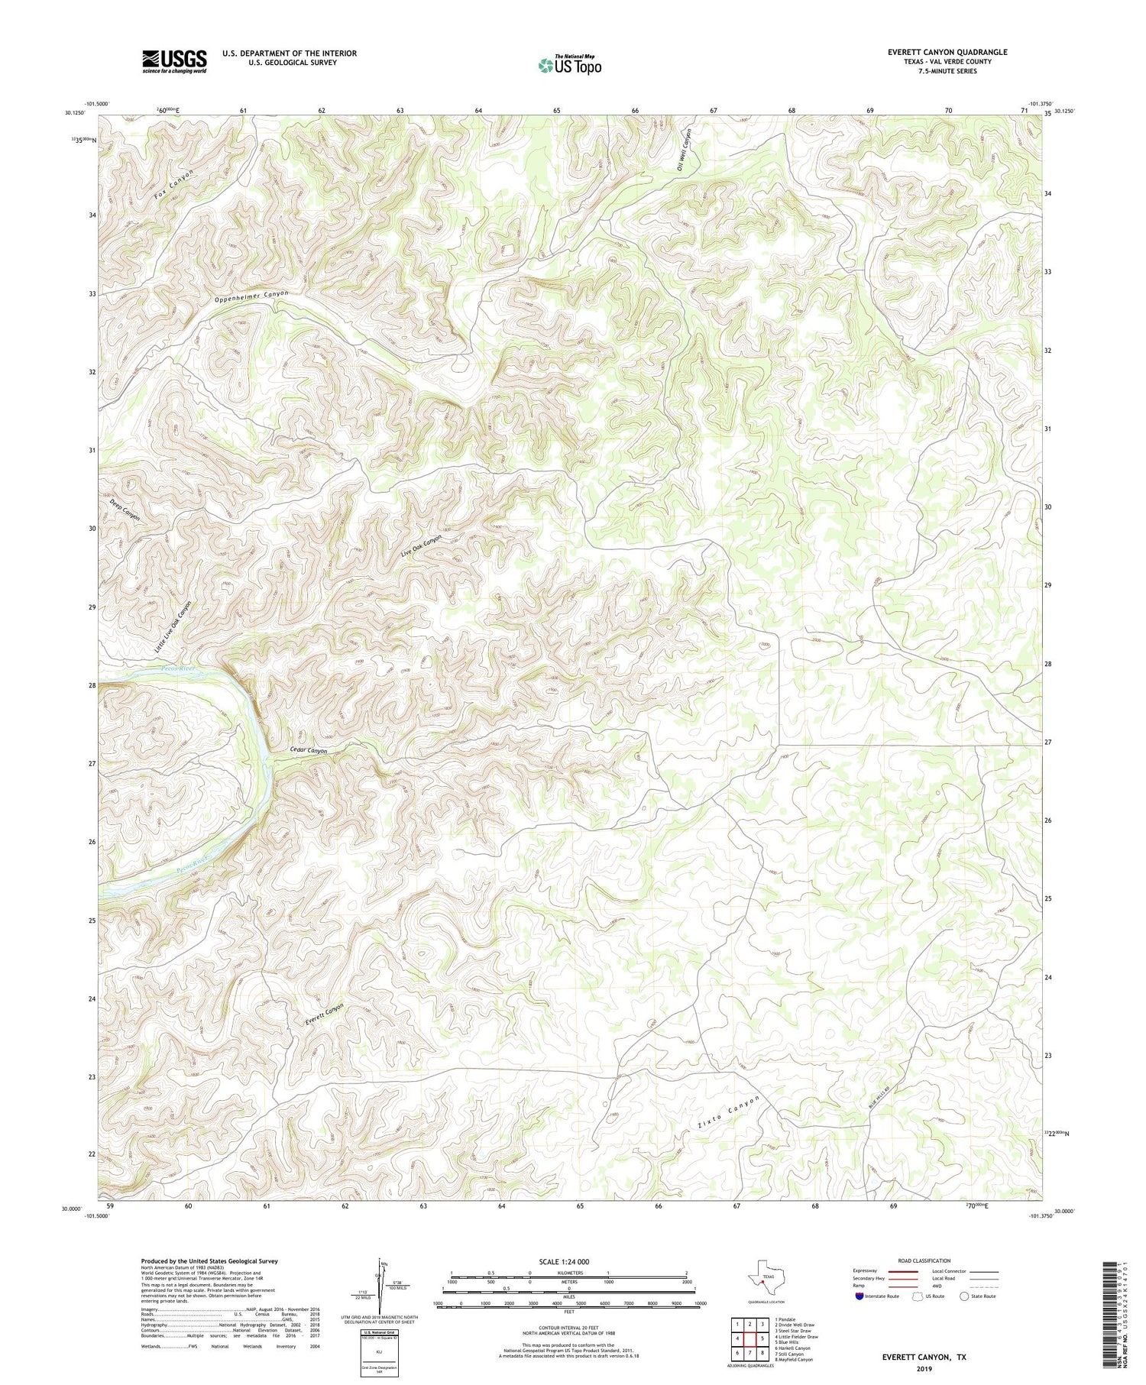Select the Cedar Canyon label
(309, 750)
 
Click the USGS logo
(174, 61)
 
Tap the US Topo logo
(569, 66)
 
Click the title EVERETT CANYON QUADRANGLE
(937, 52)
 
